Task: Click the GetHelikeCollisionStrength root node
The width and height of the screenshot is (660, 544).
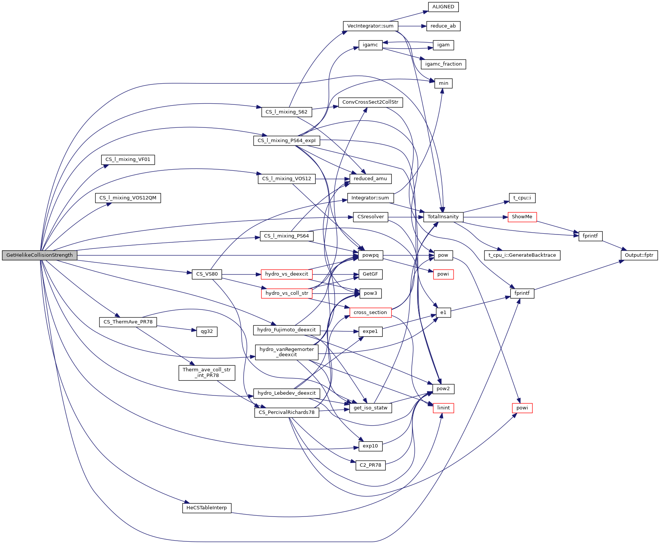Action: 40,255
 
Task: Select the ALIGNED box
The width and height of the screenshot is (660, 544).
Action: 443,7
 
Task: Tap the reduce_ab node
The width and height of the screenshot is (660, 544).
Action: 443,26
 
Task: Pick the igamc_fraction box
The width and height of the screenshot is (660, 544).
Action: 443,64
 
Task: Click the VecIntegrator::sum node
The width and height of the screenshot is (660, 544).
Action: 370,26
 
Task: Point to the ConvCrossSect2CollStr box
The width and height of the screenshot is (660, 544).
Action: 370,102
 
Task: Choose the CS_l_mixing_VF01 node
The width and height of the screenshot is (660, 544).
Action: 128,159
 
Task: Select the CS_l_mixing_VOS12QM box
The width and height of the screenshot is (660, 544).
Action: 128,198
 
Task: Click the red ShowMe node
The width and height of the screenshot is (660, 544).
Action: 522,217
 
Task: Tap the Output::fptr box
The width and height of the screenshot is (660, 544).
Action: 639,255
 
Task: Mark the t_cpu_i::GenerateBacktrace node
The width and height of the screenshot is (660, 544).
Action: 522,255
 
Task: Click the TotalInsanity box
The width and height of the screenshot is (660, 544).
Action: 443,217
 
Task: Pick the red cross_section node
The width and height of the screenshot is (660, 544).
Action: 370,313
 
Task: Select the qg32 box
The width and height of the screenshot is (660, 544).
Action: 207,331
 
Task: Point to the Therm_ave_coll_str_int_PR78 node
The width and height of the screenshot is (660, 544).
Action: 207,372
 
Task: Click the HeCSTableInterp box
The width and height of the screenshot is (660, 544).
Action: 207,508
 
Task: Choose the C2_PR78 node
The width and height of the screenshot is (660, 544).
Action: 370,465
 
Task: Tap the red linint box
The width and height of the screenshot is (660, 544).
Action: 443,408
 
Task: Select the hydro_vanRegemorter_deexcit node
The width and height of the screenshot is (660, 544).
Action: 287,352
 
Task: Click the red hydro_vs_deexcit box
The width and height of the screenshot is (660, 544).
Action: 287,274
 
